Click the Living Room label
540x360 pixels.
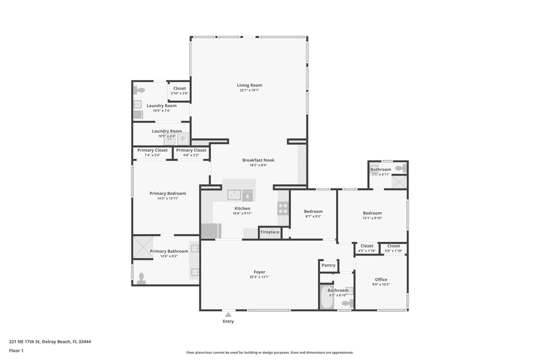click(x=249, y=85)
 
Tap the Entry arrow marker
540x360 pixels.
click(x=228, y=314)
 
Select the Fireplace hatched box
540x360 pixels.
click(x=270, y=232)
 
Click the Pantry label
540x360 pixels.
click(x=328, y=265)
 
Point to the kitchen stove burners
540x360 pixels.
click(x=283, y=208)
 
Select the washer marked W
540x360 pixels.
click(x=169, y=139)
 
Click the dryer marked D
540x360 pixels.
click(x=183, y=139)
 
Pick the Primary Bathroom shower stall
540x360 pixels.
click(x=142, y=247)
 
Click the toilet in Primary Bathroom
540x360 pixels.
click(x=141, y=278)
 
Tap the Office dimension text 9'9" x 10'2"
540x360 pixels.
click(x=381, y=284)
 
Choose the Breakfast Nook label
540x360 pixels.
click(x=258, y=160)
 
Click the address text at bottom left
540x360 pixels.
click(x=50, y=342)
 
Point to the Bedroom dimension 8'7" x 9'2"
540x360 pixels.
click(x=313, y=216)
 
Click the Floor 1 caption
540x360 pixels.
click(x=16, y=351)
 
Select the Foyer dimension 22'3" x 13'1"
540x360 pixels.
click(x=259, y=277)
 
